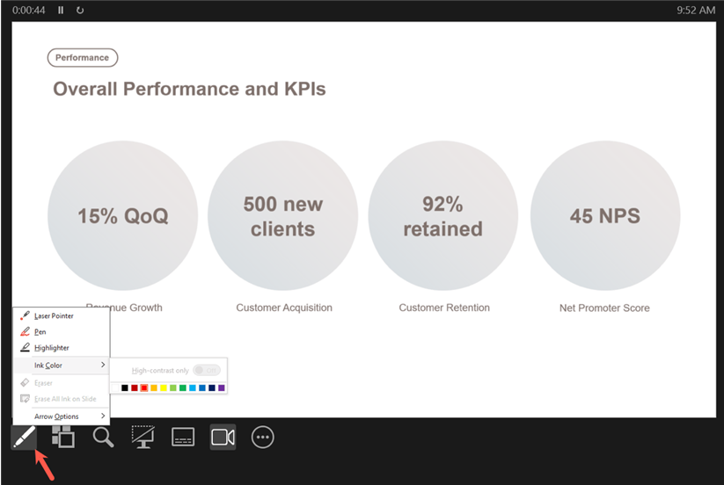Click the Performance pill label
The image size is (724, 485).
click(x=82, y=58)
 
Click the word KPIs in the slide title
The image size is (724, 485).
click(x=302, y=89)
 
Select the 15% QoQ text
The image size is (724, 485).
click(x=122, y=215)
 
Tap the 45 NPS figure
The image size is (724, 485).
click(x=604, y=215)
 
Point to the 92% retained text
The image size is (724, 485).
click(x=442, y=216)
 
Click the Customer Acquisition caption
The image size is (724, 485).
click(x=284, y=308)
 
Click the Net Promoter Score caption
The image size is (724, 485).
click(x=604, y=308)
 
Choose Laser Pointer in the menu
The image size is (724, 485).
click(x=54, y=315)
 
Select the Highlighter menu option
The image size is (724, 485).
click(x=51, y=348)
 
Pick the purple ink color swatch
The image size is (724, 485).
click(x=221, y=387)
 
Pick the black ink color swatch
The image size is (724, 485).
click(x=125, y=387)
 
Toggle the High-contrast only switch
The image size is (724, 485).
click(x=207, y=371)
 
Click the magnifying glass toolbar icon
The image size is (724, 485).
click(x=103, y=437)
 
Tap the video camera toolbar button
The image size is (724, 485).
click(x=223, y=437)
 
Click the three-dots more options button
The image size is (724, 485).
click(x=263, y=437)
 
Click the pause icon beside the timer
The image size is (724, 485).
click(x=61, y=10)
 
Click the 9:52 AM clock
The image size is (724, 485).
click(x=696, y=10)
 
